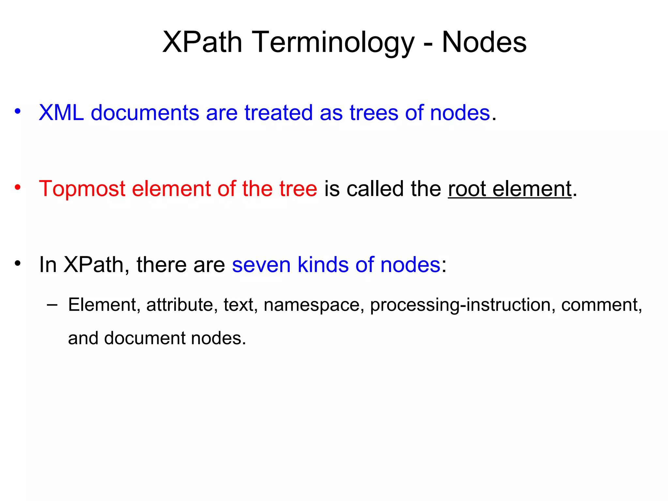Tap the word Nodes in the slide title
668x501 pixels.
point(484,42)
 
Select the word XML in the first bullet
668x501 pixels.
point(61,113)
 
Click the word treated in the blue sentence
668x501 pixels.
point(279,113)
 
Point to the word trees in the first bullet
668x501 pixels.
point(373,113)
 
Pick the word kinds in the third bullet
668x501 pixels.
point(323,265)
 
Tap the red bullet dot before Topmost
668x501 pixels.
point(18,187)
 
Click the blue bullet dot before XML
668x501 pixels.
point(18,111)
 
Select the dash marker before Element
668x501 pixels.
point(52,305)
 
